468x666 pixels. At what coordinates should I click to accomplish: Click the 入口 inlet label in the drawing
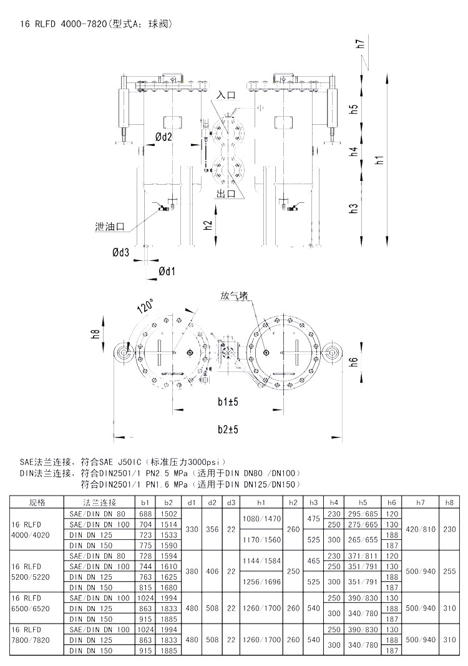click(x=226, y=95)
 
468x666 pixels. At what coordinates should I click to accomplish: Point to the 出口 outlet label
click(x=226, y=195)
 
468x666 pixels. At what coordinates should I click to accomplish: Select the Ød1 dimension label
click(x=167, y=271)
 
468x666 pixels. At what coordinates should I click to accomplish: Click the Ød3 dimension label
click(x=121, y=252)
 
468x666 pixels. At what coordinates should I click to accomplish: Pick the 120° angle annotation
click(x=145, y=305)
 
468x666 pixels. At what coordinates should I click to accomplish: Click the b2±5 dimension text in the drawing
click(x=229, y=429)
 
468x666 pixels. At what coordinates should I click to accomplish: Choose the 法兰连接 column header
click(x=100, y=502)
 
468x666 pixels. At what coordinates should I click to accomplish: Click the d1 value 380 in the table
click(x=192, y=571)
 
